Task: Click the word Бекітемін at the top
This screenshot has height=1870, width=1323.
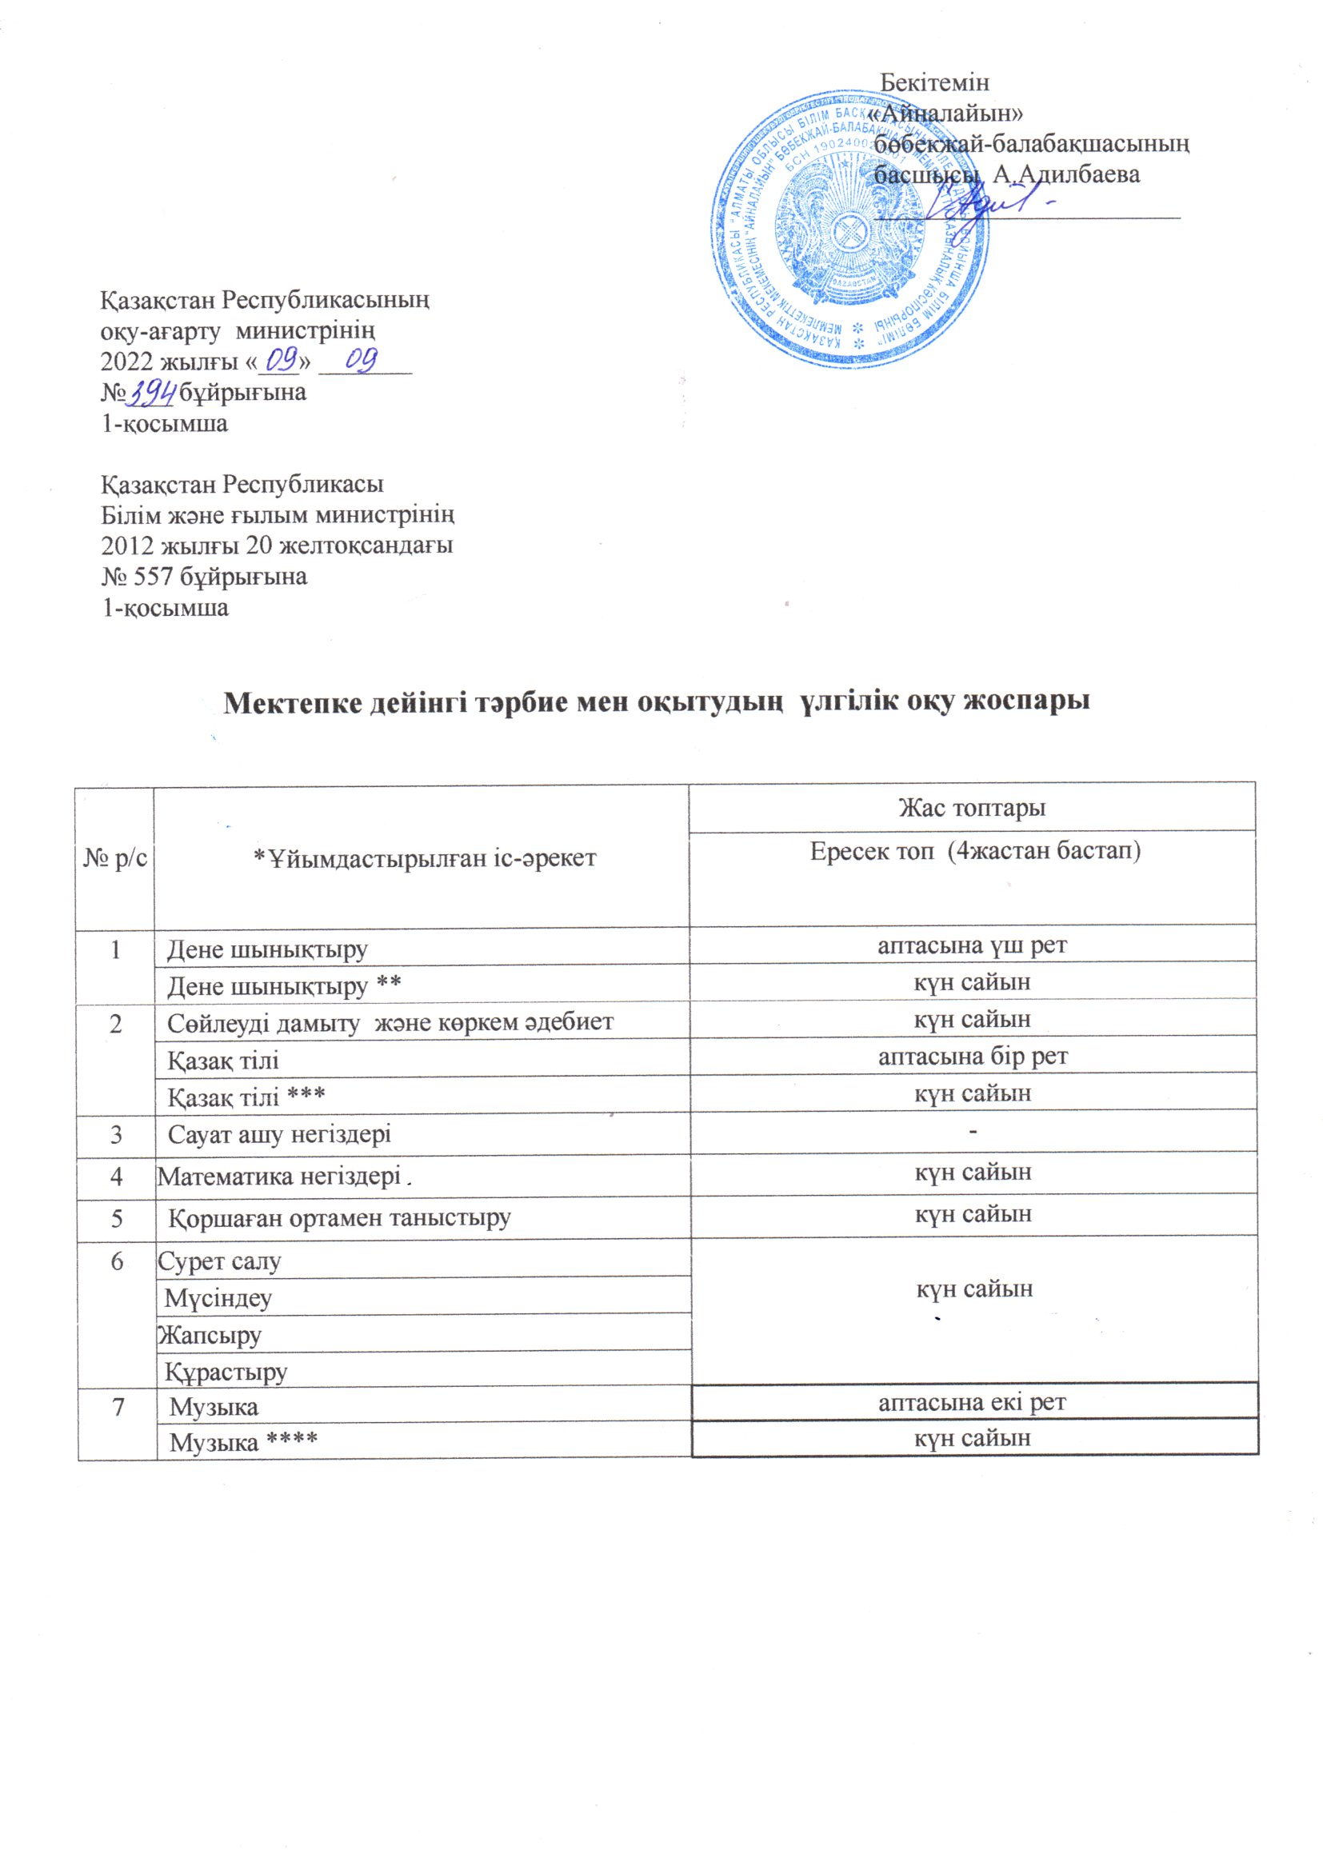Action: point(934,82)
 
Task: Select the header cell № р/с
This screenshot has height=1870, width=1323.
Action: point(116,857)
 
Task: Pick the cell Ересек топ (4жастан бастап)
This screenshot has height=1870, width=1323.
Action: point(974,852)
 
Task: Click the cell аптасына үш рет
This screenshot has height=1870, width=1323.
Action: point(972,945)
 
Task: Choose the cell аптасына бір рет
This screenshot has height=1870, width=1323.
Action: point(972,1057)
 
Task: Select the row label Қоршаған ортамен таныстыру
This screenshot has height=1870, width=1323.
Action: point(340,1217)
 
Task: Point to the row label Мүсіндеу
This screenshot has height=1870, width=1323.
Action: point(218,1297)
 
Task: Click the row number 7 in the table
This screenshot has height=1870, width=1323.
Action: point(118,1407)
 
